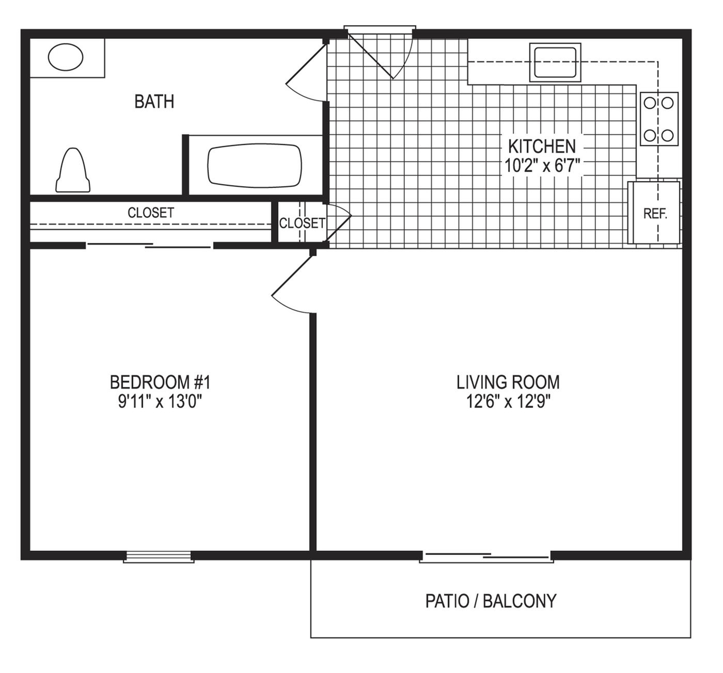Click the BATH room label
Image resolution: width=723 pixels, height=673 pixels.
(x=154, y=102)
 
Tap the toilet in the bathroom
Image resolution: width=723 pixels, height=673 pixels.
(x=73, y=170)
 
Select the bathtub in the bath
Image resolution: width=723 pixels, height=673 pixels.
(x=255, y=166)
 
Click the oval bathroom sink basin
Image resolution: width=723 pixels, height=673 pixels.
(x=66, y=57)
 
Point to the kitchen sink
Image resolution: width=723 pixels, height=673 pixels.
(x=555, y=62)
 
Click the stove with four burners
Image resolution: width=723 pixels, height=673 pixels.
(x=659, y=119)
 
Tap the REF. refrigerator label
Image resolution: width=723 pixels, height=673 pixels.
(x=655, y=214)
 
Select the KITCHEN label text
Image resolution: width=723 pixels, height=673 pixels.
(x=542, y=147)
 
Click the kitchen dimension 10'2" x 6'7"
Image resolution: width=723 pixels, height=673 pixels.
(x=542, y=166)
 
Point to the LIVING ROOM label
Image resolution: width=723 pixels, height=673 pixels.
(x=508, y=382)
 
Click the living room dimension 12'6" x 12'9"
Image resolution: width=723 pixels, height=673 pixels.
(x=508, y=402)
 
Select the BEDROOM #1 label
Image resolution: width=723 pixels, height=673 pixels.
(x=160, y=382)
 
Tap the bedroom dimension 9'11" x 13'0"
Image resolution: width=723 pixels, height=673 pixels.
(x=160, y=402)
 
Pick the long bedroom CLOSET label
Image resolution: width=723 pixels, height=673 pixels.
(x=151, y=213)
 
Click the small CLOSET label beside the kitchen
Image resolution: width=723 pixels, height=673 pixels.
(x=302, y=223)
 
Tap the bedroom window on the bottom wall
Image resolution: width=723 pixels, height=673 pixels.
(x=159, y=556)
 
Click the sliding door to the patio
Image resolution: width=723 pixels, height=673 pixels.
(x=486, y=556)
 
